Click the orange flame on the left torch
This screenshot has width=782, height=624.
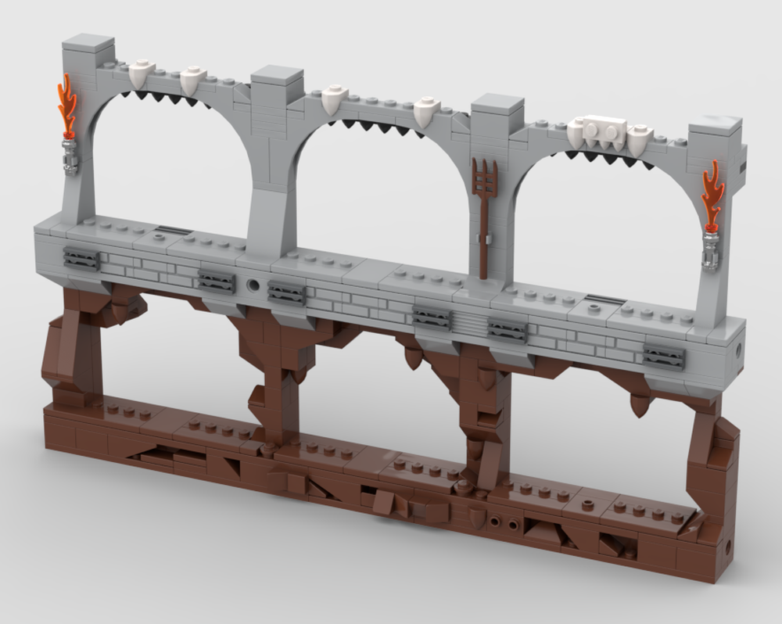[x=67, y=106]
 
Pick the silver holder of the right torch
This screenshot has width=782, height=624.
[x=711, y=248]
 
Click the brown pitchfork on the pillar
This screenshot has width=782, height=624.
[x=485, y=211]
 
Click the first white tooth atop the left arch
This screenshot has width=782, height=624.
[x=142, y=75]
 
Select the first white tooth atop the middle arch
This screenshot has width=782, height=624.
[x=334, y=99]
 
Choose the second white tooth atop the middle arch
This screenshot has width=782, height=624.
[x=425, y=111]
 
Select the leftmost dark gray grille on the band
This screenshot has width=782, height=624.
[x=81, y=259]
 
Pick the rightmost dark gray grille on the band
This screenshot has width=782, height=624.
[x=664, y=357]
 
